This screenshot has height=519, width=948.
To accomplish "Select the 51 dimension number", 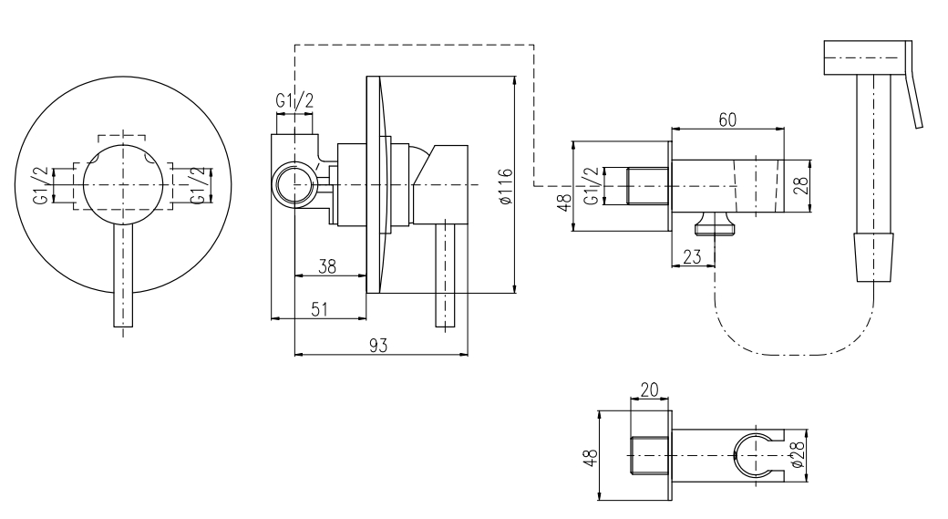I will (319, 308).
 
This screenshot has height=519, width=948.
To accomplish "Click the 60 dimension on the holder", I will (726, 120).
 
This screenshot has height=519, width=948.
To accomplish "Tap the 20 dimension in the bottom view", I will (650, 389).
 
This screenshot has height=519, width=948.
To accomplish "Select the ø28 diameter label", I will (799, 452).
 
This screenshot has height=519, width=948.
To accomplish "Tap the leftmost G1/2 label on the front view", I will (41, 185).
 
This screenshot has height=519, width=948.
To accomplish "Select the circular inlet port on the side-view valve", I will (294, 184).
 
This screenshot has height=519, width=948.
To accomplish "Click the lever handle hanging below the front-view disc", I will (124, 278).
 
